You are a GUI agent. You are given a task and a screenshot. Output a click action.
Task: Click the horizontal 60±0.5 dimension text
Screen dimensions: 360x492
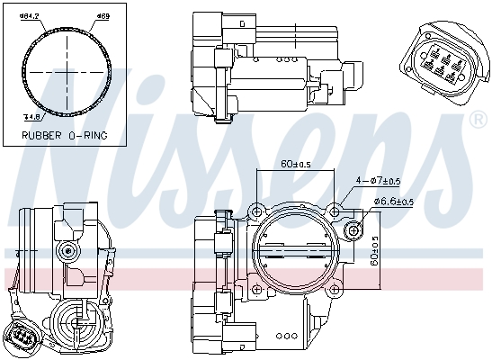tap(296, 164)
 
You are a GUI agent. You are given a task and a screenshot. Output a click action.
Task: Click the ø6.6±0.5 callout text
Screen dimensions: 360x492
tap(393, 202)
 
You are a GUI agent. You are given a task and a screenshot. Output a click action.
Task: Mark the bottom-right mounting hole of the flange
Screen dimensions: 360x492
tap(335, 290)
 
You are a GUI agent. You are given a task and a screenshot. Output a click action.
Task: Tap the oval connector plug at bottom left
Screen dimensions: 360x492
tap(24, 337)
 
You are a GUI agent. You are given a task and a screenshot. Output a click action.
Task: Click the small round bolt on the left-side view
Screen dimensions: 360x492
tap(65, 248)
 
